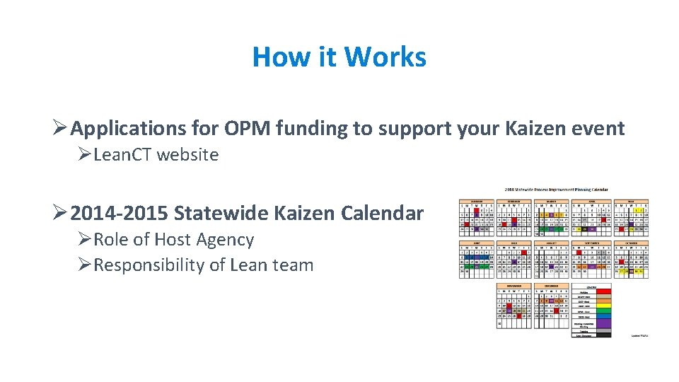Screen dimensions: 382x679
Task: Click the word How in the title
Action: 277,57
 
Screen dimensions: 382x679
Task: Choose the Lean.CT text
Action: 122,155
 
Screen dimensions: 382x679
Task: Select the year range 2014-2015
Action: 120,213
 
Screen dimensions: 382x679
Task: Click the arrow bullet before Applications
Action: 60,129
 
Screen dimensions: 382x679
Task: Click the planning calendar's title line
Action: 556,190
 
